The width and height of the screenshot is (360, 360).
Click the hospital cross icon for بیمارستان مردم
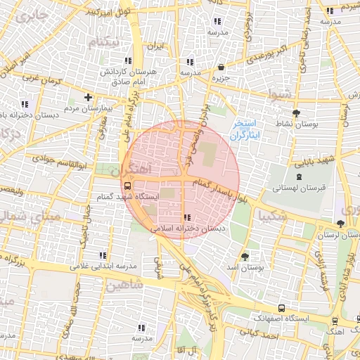coord(88,97)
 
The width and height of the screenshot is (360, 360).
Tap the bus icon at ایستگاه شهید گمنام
coord(127,186)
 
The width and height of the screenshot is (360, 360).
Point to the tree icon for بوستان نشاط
coord(296,112)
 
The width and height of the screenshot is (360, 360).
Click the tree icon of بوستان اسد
coord(245,257)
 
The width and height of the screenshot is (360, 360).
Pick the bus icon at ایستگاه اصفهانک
coord(282,308)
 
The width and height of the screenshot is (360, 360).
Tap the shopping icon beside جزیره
coord(221,67)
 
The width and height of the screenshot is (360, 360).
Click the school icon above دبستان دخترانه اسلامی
coord(187,217)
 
